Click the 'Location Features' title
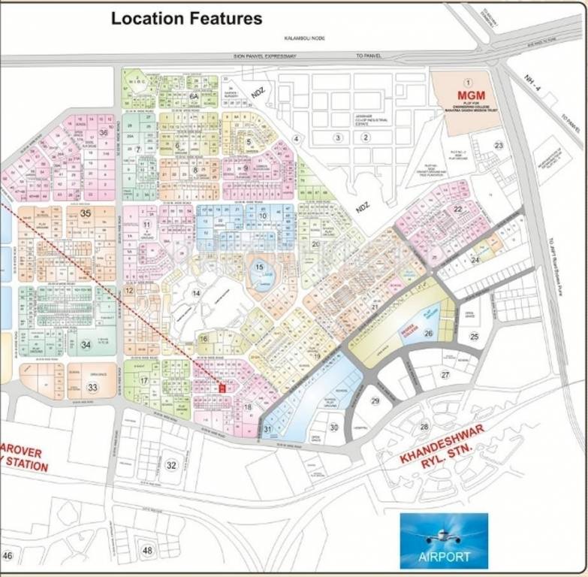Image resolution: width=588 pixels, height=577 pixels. click(x=186, y=18)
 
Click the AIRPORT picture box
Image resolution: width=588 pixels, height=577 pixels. click(x=444, y=541)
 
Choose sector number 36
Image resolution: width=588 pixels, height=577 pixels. click(x=104, y=133)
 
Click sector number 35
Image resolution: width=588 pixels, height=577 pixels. click(x=86, y=213)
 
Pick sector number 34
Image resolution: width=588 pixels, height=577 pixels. click(x=86, y=345)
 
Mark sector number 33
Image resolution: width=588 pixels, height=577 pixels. click(x=92, y=388)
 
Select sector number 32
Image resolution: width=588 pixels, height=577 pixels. click(x=171, y=465)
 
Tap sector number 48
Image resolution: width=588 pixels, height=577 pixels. click(x=147, y=551)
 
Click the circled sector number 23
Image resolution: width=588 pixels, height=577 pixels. click(x=498, y=145)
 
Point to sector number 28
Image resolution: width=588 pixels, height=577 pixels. click(x=424, y=427)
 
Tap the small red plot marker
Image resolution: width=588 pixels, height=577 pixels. click(x=222, y=388)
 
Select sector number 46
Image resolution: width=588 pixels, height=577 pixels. click(x=8, y=555)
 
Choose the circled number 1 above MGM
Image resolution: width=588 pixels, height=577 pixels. click(x=466, y=81)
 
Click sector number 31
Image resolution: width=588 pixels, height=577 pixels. click(x=267, y=429)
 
